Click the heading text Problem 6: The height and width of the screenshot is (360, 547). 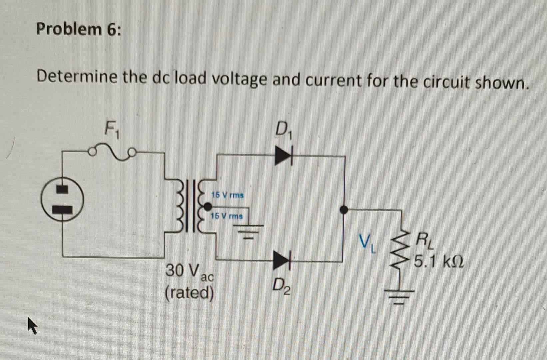click(79, 29)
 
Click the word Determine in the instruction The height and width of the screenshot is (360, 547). click(77, 77)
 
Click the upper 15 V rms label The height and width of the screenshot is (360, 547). click(228, 195)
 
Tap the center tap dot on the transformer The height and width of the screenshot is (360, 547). click(208, 207)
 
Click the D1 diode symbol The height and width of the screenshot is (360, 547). click(283, 156)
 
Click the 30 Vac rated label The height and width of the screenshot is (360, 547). click(190, 282)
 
